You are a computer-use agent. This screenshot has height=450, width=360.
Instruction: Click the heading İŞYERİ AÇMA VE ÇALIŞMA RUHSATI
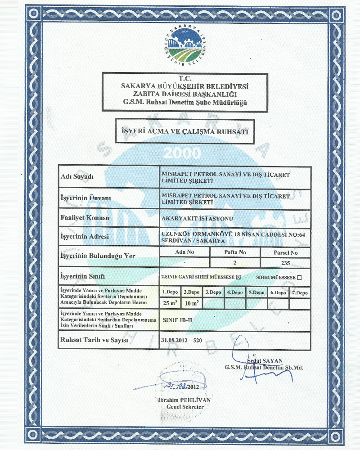[185, 132]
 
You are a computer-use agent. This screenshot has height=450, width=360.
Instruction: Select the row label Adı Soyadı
[77, 176]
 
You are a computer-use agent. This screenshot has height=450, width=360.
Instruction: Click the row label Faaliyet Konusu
[85, 218]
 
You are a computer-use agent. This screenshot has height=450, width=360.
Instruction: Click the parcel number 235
[285, 263]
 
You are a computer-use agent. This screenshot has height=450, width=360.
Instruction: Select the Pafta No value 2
[235, 263]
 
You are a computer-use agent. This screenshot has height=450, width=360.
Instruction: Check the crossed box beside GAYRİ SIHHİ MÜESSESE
[239, 277]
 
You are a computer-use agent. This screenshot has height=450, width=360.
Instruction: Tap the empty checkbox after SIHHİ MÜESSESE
[300, 277]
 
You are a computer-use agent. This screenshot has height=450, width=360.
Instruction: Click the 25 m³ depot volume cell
[170, 303]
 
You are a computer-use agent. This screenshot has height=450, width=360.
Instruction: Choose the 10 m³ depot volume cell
[192, 303]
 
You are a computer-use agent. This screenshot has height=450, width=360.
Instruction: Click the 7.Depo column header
[300, 292]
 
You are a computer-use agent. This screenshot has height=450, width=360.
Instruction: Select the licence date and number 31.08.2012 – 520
[181, 340]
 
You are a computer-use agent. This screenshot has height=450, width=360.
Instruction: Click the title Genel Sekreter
[185, 407]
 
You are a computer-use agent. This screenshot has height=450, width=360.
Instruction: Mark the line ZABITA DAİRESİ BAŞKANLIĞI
[185, 94]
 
